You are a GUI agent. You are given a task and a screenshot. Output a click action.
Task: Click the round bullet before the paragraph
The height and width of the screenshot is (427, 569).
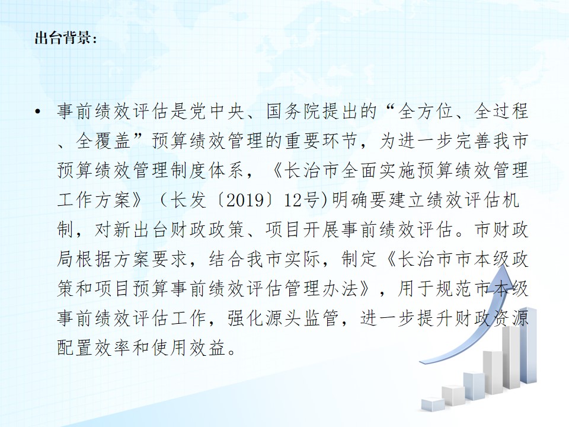click(x=38, y=111)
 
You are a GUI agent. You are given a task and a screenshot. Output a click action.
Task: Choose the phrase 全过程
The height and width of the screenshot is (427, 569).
click(x=501, y=111)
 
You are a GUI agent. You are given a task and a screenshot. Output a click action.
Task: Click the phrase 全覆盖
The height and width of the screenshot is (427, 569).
click(x=104, y=141)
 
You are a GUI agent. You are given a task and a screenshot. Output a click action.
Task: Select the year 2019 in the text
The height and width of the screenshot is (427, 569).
click(x=245, y=200)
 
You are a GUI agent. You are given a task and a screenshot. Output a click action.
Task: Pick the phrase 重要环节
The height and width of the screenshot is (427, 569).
click(x=321, y=141)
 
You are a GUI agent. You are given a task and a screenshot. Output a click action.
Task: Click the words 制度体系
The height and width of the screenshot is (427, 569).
click(x=207, y=171)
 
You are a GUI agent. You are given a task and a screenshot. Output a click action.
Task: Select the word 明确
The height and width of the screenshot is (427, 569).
click(x=350, y=200)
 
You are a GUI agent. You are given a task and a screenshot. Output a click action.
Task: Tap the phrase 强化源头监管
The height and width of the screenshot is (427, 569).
click(x=283, y=318)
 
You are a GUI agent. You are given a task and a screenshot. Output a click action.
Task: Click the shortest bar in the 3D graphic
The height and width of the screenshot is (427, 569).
click(x=433, y=404)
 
